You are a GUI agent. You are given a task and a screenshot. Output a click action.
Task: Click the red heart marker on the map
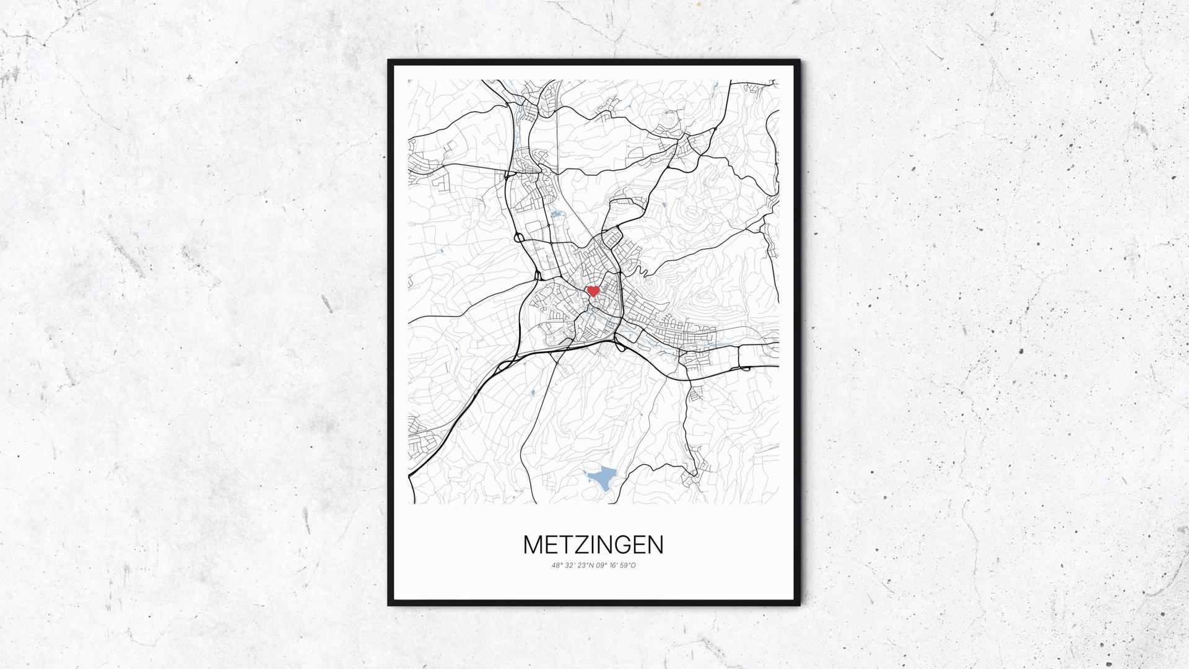tap(593, 291)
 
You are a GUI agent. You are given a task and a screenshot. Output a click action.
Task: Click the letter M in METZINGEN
tap(534, 545)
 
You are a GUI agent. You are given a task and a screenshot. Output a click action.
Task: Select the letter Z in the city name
tap(578, 545)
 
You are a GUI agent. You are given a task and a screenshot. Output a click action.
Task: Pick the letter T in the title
tap(564, 545)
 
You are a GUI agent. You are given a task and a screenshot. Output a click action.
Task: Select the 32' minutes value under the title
tap(571, 565)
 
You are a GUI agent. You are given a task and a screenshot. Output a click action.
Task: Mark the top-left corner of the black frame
tap(390, 61)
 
